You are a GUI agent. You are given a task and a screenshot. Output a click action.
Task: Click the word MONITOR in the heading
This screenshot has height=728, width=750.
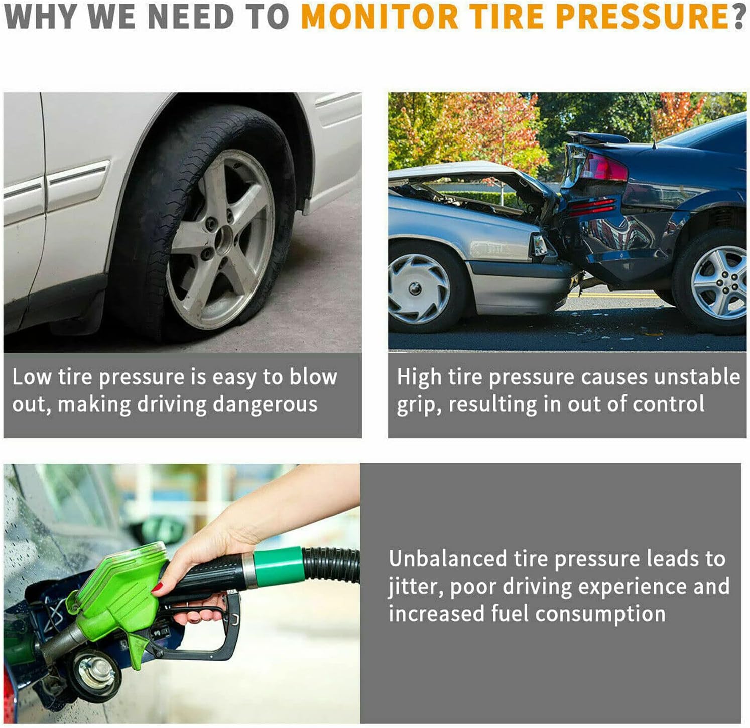[x=380, y=16]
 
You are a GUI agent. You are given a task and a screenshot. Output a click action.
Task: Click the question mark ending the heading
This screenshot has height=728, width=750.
[x=739, y=16]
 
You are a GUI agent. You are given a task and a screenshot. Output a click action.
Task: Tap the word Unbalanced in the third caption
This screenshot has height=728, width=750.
[x=448, y=559]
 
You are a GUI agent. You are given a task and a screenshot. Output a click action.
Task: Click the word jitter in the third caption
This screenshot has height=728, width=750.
[x=415, y=587]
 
